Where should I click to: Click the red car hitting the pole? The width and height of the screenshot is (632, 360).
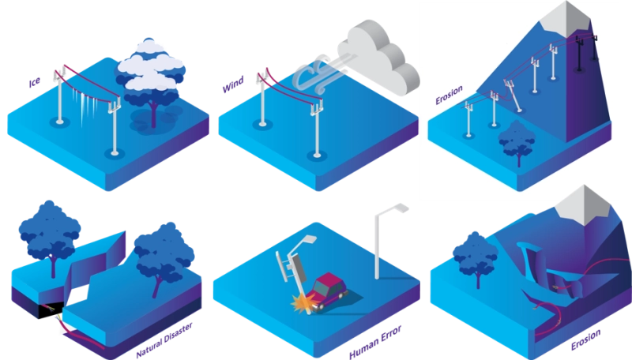pyautogui.click(x=326, y=288)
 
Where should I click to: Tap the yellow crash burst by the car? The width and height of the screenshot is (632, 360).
pyautogui.click(x=302, y=301)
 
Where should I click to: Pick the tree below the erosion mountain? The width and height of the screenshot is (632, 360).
pyautogui.click(x=517, y=142)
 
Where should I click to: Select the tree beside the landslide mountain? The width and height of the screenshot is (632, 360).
pyautogui.click(x=476, y=256)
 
